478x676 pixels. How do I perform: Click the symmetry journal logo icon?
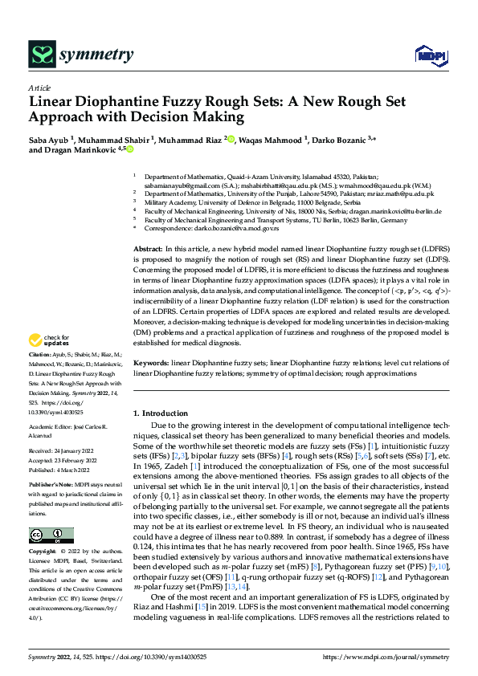41,54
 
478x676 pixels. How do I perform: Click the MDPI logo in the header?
427,54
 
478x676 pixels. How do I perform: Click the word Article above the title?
39,88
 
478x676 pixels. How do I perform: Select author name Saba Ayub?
50,139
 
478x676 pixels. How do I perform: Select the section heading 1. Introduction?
161,413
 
